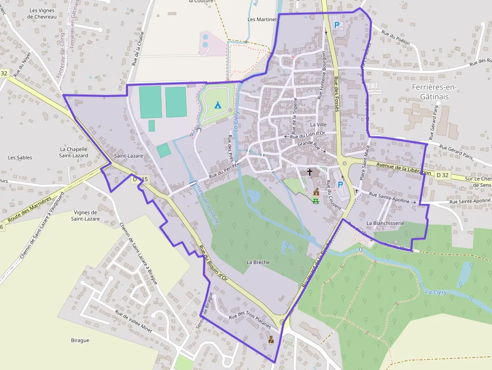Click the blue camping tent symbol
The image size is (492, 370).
tap(218, 105)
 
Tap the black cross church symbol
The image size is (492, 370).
tap(310, 172)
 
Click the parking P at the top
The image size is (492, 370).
tap(337, 24)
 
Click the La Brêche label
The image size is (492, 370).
tap(258, 263)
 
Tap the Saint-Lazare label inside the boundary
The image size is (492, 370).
tap(128, 156)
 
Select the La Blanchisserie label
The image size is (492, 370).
tap(386, 222)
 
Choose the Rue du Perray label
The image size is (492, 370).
tap(222, 170)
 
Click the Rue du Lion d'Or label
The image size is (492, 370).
tap(308, 135)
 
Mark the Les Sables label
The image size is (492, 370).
tap(20, 158)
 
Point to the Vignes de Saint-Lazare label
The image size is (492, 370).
tap(85, 215)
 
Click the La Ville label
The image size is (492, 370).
tap(318, 125)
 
